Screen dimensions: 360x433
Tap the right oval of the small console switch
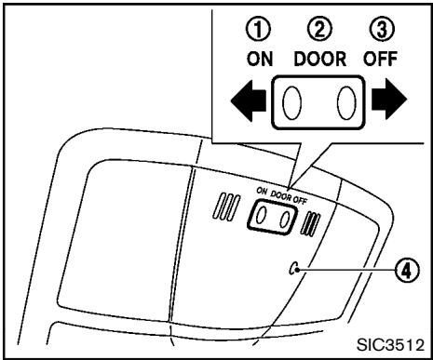point(285,216)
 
